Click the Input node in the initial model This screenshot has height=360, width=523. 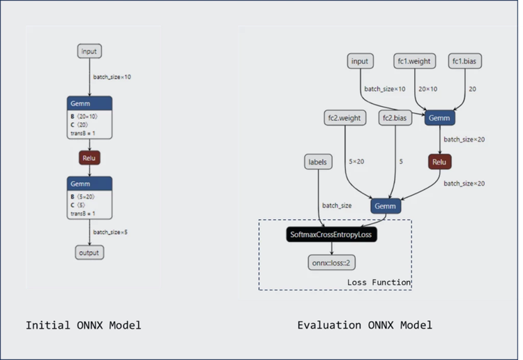(x=89, y=51)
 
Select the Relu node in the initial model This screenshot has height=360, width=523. (x=89, y=158)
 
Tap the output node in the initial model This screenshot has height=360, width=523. (x=89, y=253)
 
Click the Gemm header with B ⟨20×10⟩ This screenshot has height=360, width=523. (x=89, y=104)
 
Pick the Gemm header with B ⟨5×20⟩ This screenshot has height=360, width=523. (x=89, y=183)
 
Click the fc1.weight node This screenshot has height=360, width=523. (x=414, y=61)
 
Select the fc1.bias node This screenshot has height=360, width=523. (x=464, y=61)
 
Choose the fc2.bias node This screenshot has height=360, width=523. (x=395, y=118)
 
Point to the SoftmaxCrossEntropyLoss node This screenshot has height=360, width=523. (x=332, y=235)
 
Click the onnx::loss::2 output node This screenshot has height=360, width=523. (x=331, y=263)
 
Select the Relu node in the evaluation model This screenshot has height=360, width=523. (x=439, y=162)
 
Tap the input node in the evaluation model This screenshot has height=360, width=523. (x=360, y=61)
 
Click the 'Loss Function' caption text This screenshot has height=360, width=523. (x=379, y=283)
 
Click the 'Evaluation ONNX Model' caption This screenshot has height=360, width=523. (x=364, y=326)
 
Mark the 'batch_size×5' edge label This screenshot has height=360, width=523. (x=110, y=232)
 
